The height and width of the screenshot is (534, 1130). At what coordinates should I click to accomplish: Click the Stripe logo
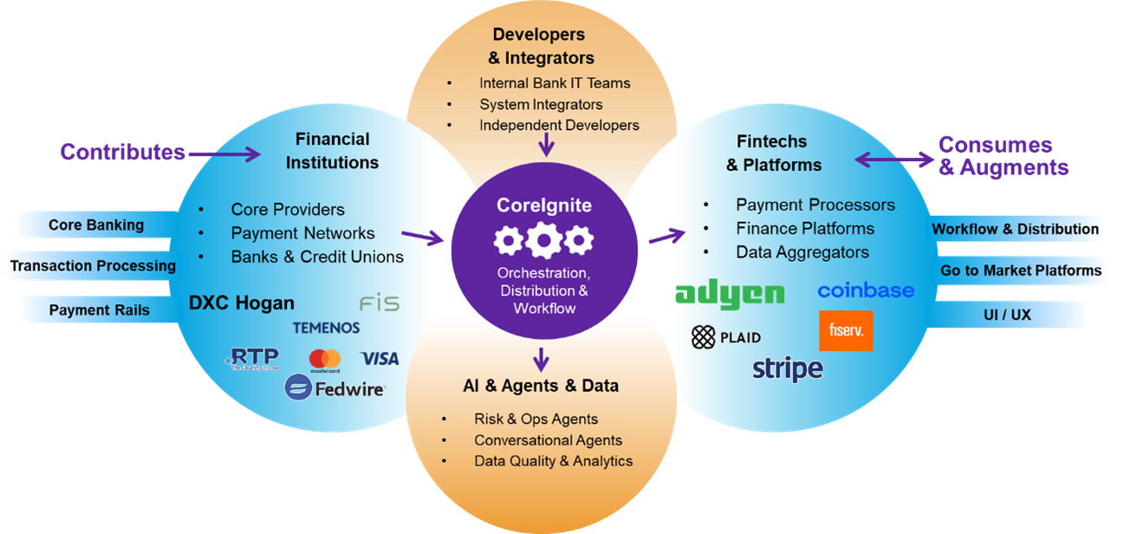(787, 368)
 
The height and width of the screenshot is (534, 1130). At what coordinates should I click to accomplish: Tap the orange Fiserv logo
(845, 330)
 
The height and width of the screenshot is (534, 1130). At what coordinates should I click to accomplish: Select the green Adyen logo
(730, 294)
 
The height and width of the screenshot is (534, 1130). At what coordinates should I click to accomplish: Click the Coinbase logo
(866, 290)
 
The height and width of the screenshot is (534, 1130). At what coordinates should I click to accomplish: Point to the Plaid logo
(726, 337)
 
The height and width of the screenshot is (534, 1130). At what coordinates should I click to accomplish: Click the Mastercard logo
(325, 359)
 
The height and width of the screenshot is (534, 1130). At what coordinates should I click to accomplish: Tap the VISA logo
(380, 358)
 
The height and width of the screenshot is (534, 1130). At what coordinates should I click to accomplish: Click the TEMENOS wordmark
(326, 328)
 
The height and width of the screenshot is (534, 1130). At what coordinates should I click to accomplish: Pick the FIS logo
(379, 303)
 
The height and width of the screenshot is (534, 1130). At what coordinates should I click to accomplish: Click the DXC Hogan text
(242, 303)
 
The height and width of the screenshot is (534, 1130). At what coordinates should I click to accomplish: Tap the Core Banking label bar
(96, 225)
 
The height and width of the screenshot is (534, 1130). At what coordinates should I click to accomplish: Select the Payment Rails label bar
(99, 310)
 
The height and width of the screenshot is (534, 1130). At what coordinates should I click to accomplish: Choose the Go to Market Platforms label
(1021, 270)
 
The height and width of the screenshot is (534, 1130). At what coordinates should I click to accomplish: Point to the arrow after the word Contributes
(224, 154)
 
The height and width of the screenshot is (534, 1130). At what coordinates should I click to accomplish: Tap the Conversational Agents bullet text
(548, 440)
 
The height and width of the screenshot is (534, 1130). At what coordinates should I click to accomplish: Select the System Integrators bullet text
(541, 104)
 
